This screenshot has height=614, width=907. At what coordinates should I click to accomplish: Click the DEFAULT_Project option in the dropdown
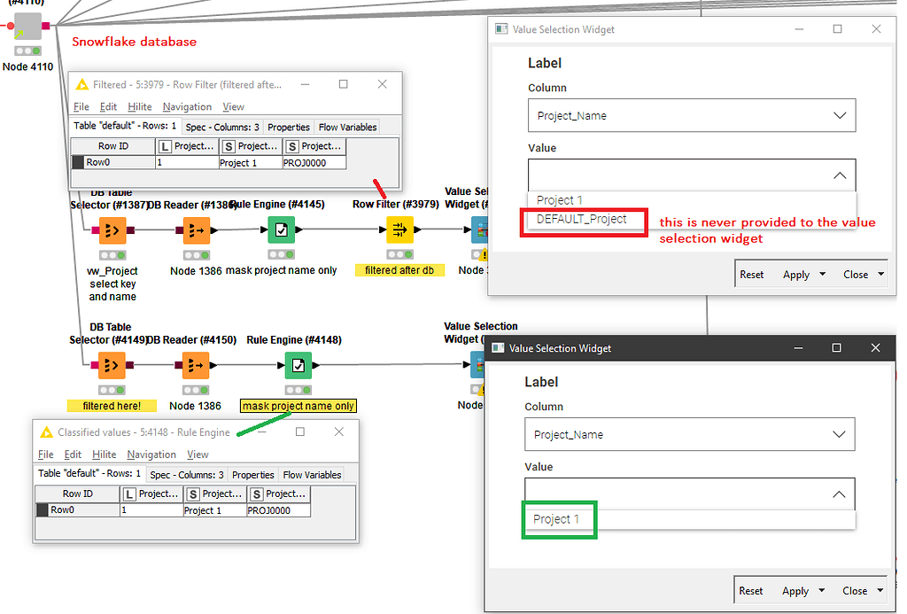[582, 219]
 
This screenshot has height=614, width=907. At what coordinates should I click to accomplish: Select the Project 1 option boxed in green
[556, 519]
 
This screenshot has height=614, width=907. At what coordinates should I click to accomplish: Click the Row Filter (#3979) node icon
[399, 230]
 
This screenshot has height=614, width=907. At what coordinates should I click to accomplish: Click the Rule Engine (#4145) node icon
[281, 230]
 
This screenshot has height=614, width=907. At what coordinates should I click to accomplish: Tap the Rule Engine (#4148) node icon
[298, 365]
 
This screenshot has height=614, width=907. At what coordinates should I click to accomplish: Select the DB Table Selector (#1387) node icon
[112, 230]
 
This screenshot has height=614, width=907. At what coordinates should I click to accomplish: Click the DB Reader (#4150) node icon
[196, 365]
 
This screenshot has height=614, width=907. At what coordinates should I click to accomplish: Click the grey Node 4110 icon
[27, 26]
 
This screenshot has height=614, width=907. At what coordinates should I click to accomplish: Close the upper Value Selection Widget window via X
[877, 29]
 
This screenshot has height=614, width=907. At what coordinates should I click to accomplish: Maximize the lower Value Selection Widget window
[836, 348]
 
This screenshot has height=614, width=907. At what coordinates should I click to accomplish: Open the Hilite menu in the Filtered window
[140, 107]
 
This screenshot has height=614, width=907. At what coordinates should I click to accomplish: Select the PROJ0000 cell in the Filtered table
[314, 163]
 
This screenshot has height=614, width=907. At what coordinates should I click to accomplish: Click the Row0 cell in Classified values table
[77, 510]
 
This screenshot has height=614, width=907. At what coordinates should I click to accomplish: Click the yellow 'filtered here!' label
[112, 406]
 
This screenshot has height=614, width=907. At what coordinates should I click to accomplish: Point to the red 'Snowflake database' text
[135, 42]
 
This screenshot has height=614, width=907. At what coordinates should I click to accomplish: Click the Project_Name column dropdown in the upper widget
[692, 116]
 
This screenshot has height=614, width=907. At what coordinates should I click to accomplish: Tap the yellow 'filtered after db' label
[399, 270]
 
